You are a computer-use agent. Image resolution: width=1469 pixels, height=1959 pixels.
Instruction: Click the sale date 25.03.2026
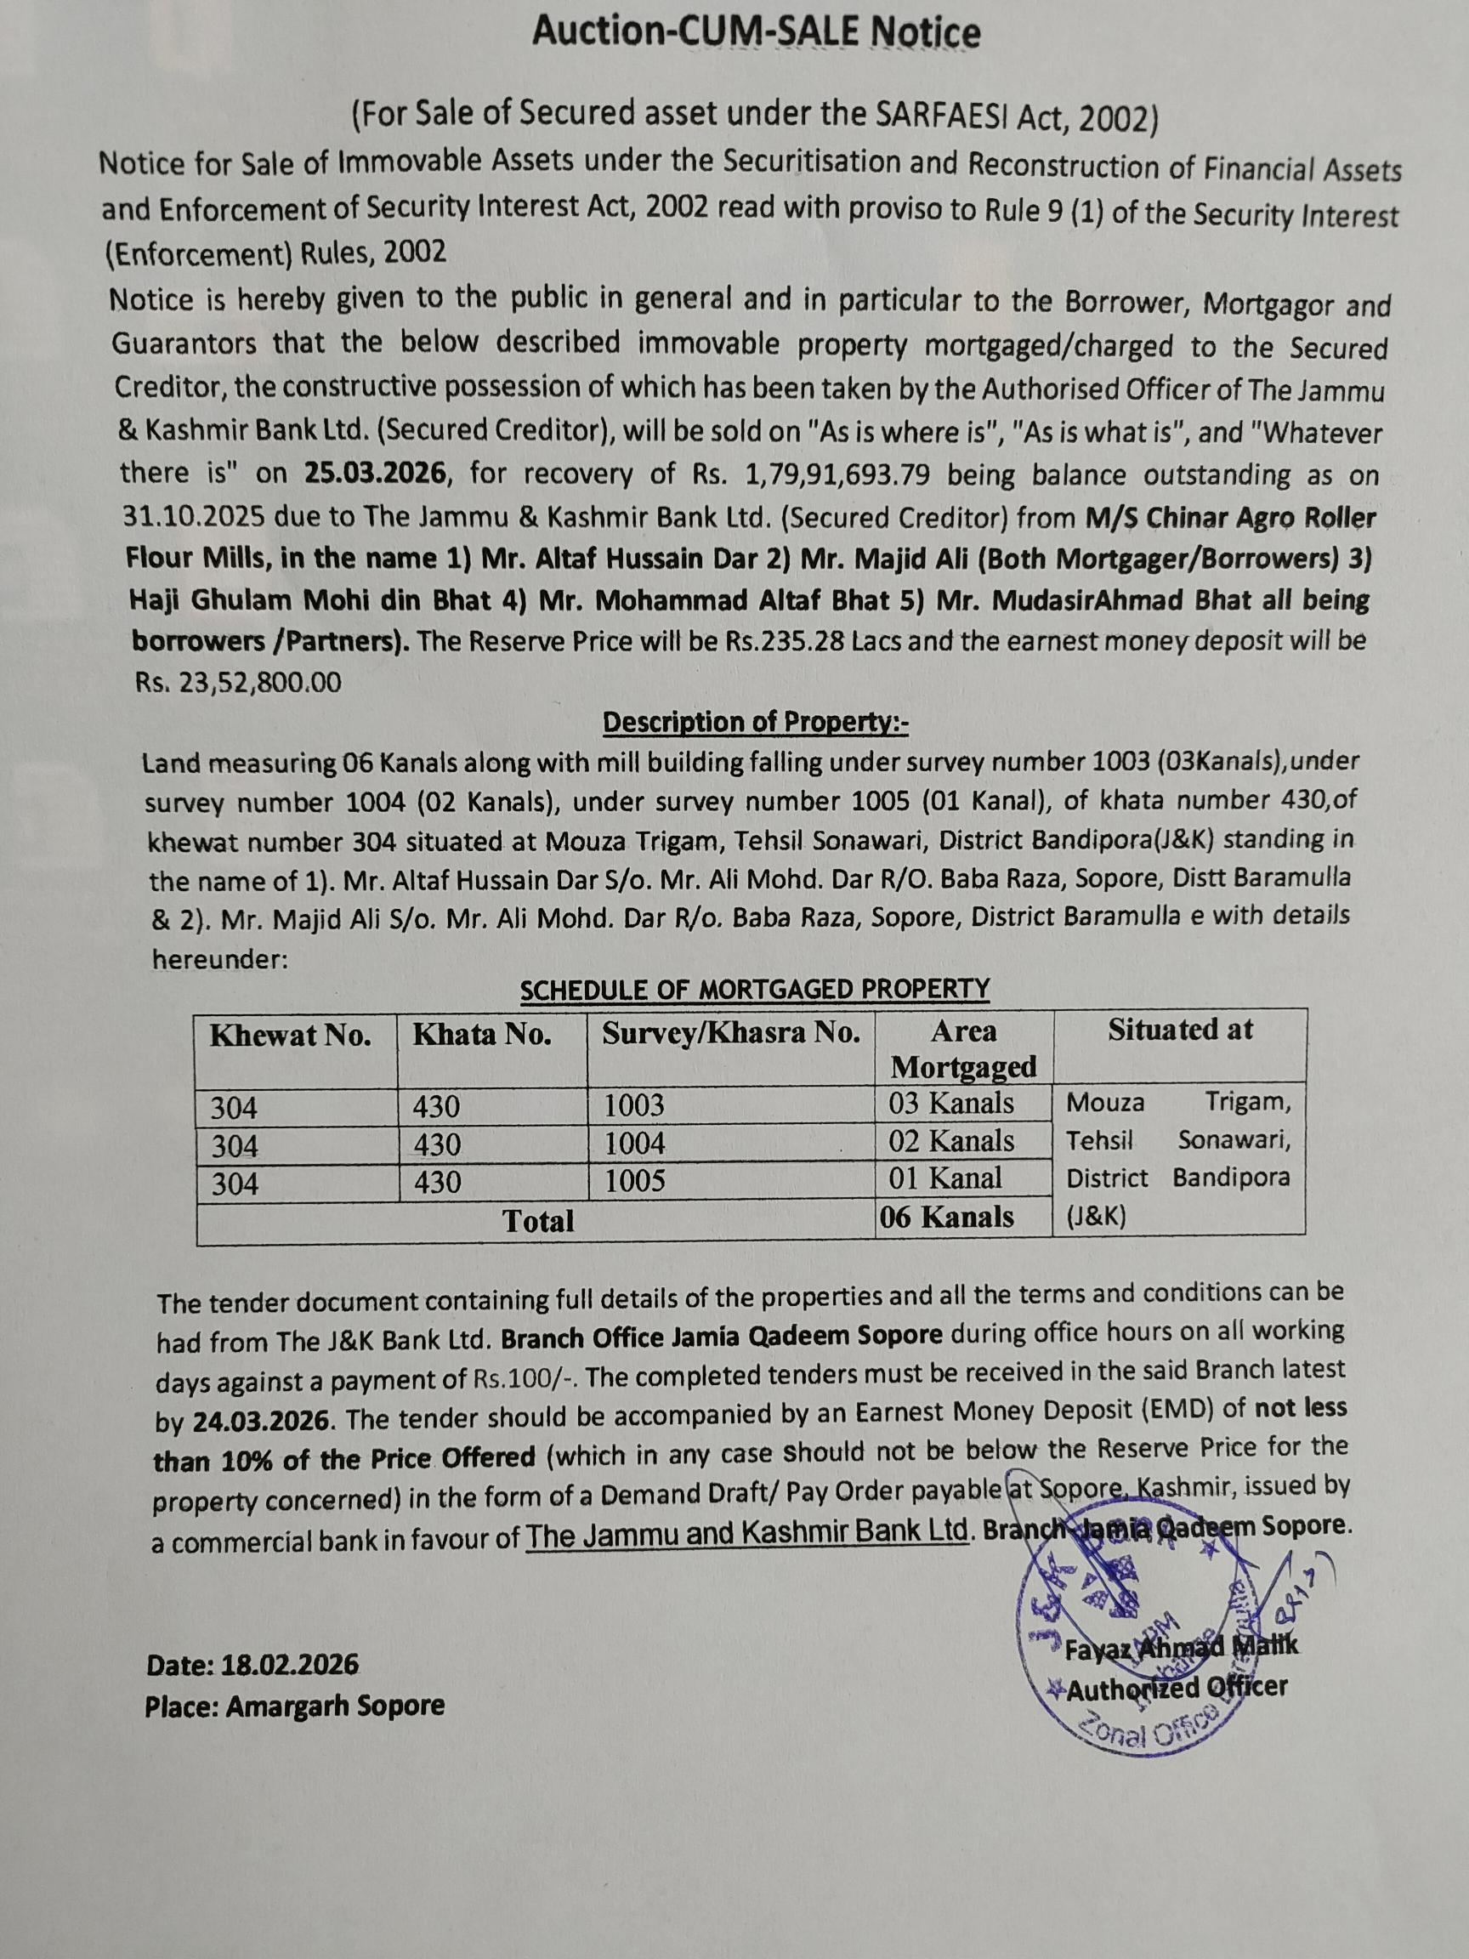pos(375,472)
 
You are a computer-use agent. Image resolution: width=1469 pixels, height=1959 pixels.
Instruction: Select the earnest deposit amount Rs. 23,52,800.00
pos(237,681)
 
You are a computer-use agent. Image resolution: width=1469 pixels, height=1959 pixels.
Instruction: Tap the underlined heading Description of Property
pos(754,723)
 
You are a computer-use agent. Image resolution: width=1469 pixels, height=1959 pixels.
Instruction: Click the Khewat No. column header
pos(291,1036)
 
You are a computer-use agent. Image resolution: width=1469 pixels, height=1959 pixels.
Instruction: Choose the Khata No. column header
pos(482,1035)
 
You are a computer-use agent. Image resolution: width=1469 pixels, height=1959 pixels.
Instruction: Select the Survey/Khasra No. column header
pos(730,1034)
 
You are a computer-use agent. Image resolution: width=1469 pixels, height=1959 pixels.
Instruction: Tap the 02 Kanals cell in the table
pos(952,1141)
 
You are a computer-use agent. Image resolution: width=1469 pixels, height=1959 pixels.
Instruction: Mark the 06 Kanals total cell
pos(948,1218)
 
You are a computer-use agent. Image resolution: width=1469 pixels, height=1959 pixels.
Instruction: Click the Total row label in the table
pos(538,1222)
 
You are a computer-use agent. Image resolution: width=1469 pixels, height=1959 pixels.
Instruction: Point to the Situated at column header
pos(1180,1030)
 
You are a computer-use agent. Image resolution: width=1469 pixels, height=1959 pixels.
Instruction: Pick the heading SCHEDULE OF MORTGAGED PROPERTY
pos(754,989)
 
